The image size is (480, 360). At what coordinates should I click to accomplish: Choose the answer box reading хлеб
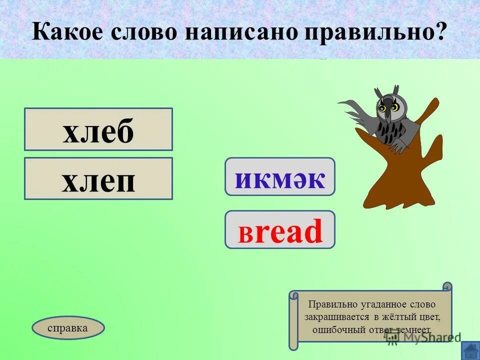(x=98, y=129)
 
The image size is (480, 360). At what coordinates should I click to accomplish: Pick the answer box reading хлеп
(x=98, y=178)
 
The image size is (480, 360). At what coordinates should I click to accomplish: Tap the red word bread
(x=279, y=230)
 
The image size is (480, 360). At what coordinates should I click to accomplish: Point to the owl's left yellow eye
(x=382, y=108)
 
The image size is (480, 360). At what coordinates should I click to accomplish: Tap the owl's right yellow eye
(x=394, y=107)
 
